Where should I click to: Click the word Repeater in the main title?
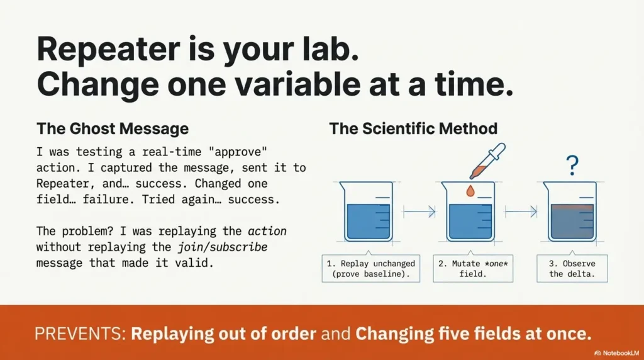[108, 49]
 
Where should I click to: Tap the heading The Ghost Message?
[113, 128]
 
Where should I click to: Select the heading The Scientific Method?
[413, 128]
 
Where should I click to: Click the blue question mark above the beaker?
[572, 165]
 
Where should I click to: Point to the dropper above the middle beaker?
[487, 161]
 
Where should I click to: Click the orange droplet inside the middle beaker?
[470, 191]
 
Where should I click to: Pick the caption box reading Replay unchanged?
[371, 269]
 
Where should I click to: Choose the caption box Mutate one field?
[473, 269]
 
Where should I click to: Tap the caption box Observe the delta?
[572, 269]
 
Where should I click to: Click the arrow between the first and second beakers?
[419, 211]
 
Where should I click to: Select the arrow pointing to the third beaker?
[521, 211]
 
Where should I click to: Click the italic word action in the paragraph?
[267, 231]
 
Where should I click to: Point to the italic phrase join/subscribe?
[223, 247]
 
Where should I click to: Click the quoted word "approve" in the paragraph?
[238, 152]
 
